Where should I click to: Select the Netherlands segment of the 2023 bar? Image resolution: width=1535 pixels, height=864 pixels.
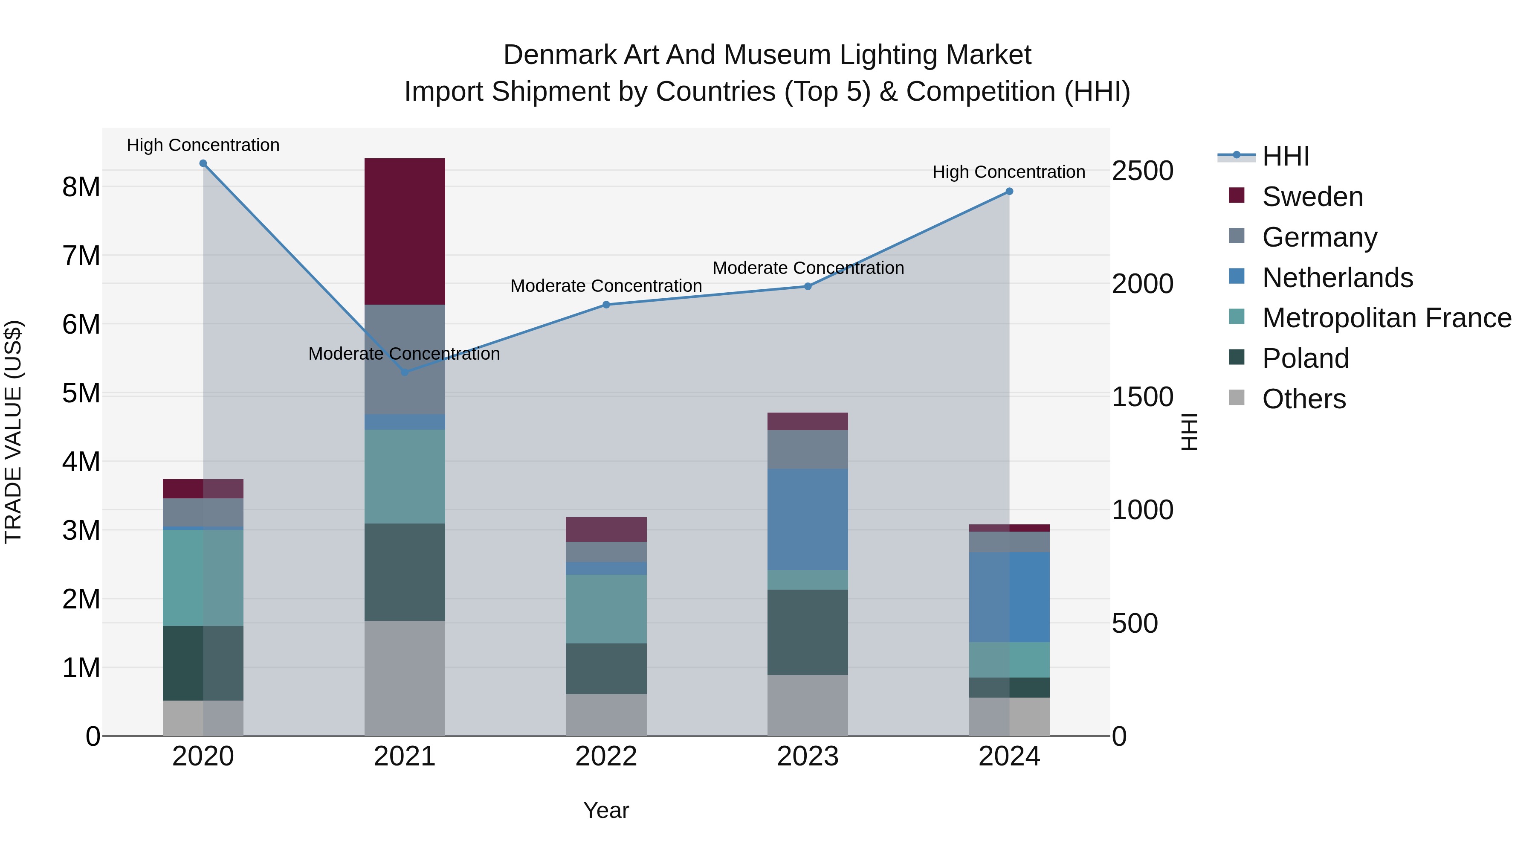(x=808, y=519)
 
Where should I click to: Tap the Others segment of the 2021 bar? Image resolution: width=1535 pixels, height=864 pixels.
(x=405, y=678)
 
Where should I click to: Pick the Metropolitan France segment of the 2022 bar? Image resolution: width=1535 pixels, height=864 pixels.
(x=606, y=609)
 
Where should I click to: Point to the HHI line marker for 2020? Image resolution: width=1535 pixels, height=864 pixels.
(x=203, y=163)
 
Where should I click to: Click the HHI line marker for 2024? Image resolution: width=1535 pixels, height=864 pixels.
(x=1009, y=192)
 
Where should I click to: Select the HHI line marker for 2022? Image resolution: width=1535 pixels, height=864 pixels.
(x=606, y=305)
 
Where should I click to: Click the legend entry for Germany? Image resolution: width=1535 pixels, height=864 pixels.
(x=1319, y=237)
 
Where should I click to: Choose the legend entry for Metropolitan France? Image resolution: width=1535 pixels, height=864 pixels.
(x=1387, y=318)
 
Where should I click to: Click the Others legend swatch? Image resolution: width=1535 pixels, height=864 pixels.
(x=1237, y=398)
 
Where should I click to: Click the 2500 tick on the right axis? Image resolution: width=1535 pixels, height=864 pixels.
(x=1142, y=171)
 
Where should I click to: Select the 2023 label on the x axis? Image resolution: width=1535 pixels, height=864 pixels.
(x=808, y=756)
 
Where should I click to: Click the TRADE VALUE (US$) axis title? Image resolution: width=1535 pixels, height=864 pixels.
(x=14, y=432)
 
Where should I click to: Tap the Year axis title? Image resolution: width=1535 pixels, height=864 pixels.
(x=606, y=810)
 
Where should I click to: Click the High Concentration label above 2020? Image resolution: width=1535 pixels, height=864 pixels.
(x=203, y=145)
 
